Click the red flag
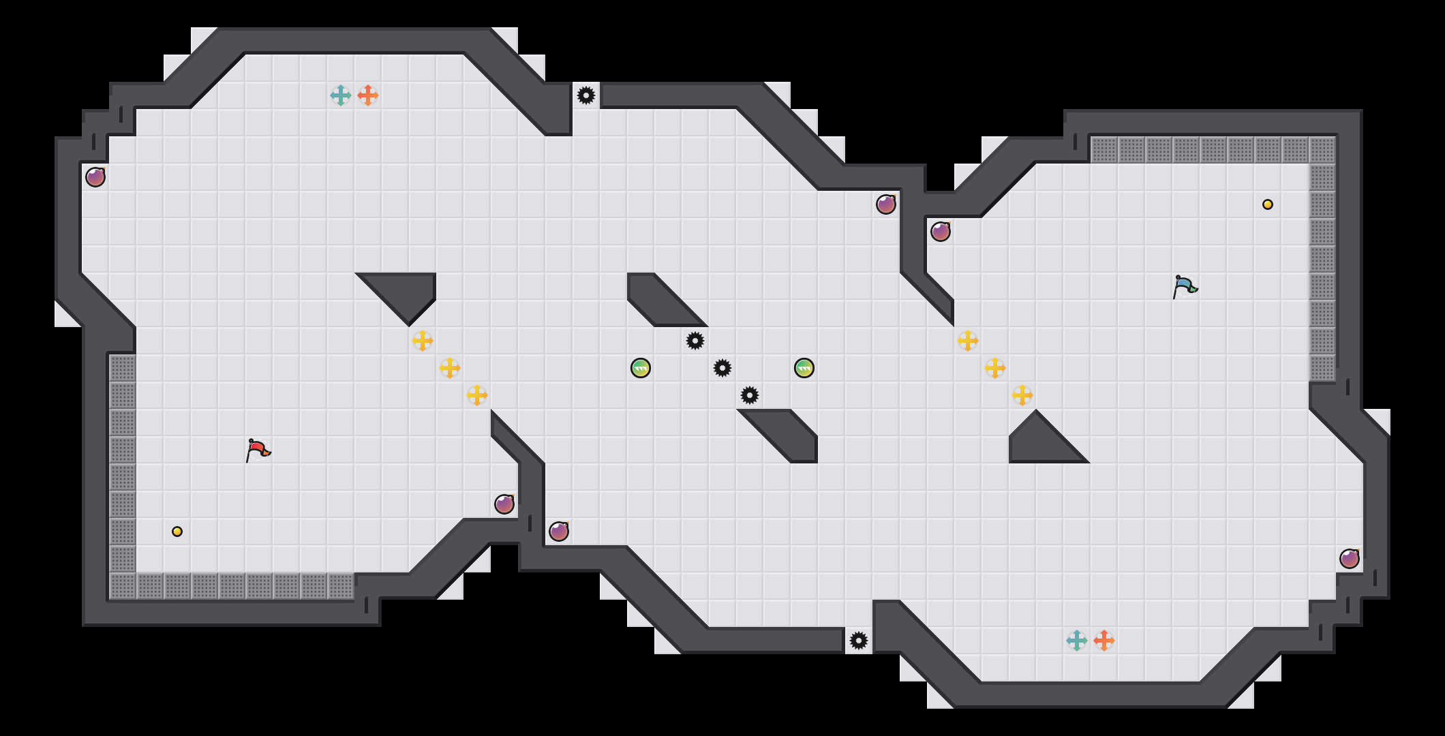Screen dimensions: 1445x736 (x=258, y=450)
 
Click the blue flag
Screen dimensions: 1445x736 (x=1185, y=286)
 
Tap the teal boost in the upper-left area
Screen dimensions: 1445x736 (x=341, y=95)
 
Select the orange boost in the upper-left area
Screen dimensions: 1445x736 (x=368, y=95)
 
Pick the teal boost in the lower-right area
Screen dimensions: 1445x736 (x=1077, y=641)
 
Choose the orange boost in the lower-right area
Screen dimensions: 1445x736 (x=1104, y=641)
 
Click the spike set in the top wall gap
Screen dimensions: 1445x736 (x=586, y=95)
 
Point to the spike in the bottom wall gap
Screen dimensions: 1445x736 (x=859, y=641)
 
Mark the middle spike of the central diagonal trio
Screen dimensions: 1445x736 (x=722, y=368)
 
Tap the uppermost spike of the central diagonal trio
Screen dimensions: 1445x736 (x=695, y=341)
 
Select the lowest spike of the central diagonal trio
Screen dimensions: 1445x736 (x=750, y=395)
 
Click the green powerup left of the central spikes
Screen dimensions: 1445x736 (x=641, y=368)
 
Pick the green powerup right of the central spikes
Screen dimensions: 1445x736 (x=804, y=368)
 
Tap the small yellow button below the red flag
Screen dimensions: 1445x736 (x=177, y=532)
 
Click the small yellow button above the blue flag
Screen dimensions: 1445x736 (x=1268, y=204)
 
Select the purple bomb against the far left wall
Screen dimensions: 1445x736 (x=95, y=177)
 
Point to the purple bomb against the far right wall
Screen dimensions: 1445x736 (x=1350, y=559)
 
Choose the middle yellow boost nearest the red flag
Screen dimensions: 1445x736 (x=450, y=368)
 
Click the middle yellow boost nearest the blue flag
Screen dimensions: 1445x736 (x=995, y=368)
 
